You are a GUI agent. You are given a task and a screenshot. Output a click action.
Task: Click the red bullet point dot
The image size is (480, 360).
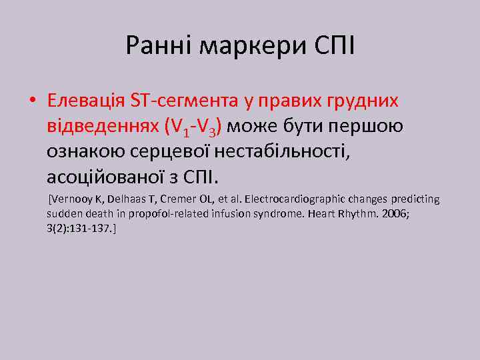(x=31, y=101)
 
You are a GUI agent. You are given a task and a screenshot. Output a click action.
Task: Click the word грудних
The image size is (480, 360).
(x=360, y=101)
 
